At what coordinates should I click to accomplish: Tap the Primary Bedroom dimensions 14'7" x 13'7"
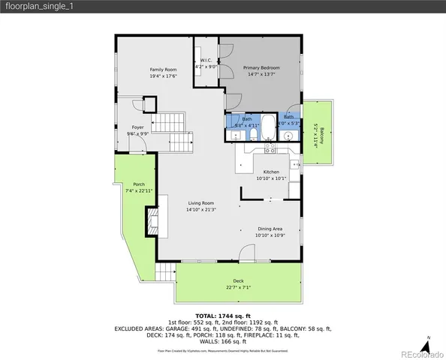coord(261,74)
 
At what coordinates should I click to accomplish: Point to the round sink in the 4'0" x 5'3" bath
coord(288,136)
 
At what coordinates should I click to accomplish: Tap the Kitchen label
coord(270,172)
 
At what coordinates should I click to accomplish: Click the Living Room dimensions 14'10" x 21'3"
coord(200,209)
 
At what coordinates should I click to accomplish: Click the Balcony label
coord(322,136)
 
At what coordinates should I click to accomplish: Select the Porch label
coord(139,184)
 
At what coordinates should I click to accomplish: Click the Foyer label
coord(138,127)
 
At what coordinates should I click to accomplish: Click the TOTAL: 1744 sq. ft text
coord(222,316)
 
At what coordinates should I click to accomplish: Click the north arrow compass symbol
coord(426,345)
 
